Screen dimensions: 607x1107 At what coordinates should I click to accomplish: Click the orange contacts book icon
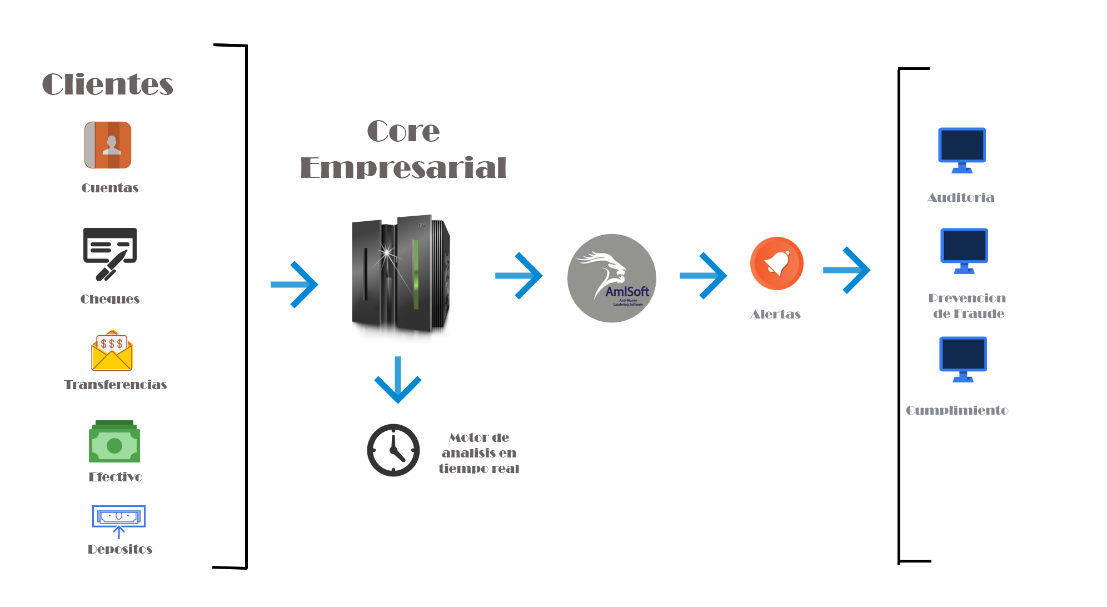coord(108,145)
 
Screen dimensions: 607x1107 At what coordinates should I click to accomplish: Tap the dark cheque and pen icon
coord(110,255)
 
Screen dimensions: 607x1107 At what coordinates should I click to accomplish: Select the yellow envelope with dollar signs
coord(112,350)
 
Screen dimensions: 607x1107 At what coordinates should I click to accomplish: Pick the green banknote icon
coord(114,442)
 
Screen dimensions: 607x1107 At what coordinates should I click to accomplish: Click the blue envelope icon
coord(119,522)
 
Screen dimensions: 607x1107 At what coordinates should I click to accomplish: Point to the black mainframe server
coord(401,279)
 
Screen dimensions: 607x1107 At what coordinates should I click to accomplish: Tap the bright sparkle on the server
coord(386,255)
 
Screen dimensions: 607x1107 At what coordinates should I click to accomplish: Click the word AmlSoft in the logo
coord(627,291)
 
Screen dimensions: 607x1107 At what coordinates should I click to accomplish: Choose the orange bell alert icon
coord(777,263)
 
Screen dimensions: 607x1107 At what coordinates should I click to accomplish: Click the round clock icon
coord(393,450)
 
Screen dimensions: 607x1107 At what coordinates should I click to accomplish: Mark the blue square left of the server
coord(295,285)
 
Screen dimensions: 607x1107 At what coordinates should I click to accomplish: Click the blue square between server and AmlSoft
coord(519,276)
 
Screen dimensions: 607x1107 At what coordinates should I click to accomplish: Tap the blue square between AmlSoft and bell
coord(704,276)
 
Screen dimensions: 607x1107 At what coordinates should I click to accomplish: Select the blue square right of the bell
coord(847,270)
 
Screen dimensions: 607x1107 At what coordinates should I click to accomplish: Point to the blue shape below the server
coord(397,380)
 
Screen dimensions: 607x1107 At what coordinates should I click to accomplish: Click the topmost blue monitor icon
coord(962,150)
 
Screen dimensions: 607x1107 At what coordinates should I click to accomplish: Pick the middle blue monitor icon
coord(964,251)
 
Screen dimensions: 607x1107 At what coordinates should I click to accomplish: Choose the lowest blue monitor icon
coord(963,359)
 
